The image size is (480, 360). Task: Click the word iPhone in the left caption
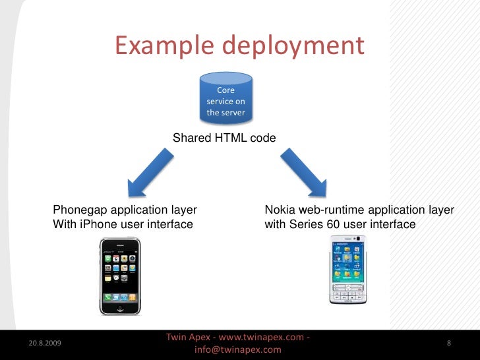(x=96, y=224)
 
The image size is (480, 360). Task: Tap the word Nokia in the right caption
(x=280, y=210)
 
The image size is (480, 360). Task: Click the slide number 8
(x=448, y=344)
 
